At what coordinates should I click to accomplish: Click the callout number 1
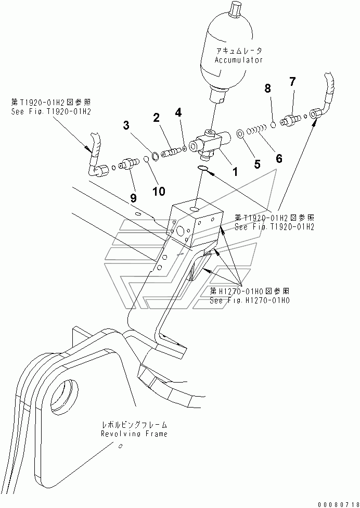[x=235, y=171]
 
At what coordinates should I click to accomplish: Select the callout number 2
[x=157, y=118]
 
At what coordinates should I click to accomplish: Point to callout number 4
[x=178, y=112]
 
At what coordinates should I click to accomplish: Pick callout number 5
[x=257, y=164]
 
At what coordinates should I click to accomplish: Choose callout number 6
[x=278, y=158]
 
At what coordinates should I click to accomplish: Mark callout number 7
[x=292, y=82]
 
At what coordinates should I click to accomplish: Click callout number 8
[x=268, y=88]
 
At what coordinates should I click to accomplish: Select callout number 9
[x=133, y=198]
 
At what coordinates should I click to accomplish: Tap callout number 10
[x=159, y=191]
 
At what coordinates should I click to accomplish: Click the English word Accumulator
[x=239, y=60]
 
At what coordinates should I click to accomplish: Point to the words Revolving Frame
[x=134, y=434]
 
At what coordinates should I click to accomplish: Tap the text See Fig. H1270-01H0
[x=250, y=300]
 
